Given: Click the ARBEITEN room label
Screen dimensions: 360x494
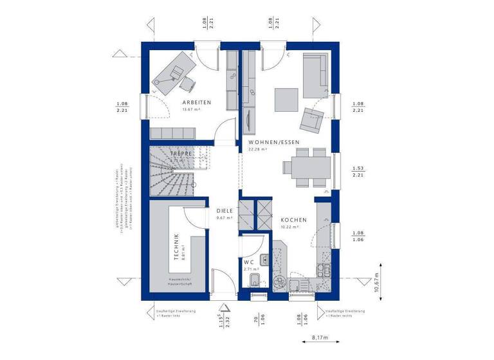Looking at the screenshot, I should click(x=196, y=102).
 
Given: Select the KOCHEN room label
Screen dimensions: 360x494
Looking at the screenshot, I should click(x=293, y=220).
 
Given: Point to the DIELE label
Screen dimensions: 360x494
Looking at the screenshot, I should click(x=224, y=210).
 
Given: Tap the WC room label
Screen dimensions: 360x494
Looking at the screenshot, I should click(x=248, y=262).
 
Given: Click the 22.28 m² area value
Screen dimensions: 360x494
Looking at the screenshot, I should click(x=258, y=149).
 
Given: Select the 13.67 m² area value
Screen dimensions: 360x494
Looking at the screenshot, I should click(x=192, y=109).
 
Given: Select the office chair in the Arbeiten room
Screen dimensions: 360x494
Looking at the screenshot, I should click(x=187, y=83).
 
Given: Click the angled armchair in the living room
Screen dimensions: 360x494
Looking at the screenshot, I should click(x=312, y=119).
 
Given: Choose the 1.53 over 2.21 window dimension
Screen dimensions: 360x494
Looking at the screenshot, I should click(x=358, y=171).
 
